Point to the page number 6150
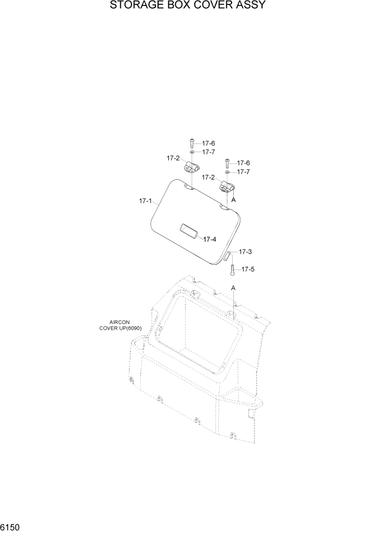[11, 527]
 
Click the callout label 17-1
[145, 201]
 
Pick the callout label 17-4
[210, 239]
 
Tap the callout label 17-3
[245, 252]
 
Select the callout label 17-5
[247, 268]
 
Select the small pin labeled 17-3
[228, 256]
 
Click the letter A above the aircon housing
[234, 288]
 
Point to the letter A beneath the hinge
[234, 200]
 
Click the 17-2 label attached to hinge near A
[208, 177]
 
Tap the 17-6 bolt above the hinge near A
[227, 163]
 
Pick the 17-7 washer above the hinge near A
[228, 172]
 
